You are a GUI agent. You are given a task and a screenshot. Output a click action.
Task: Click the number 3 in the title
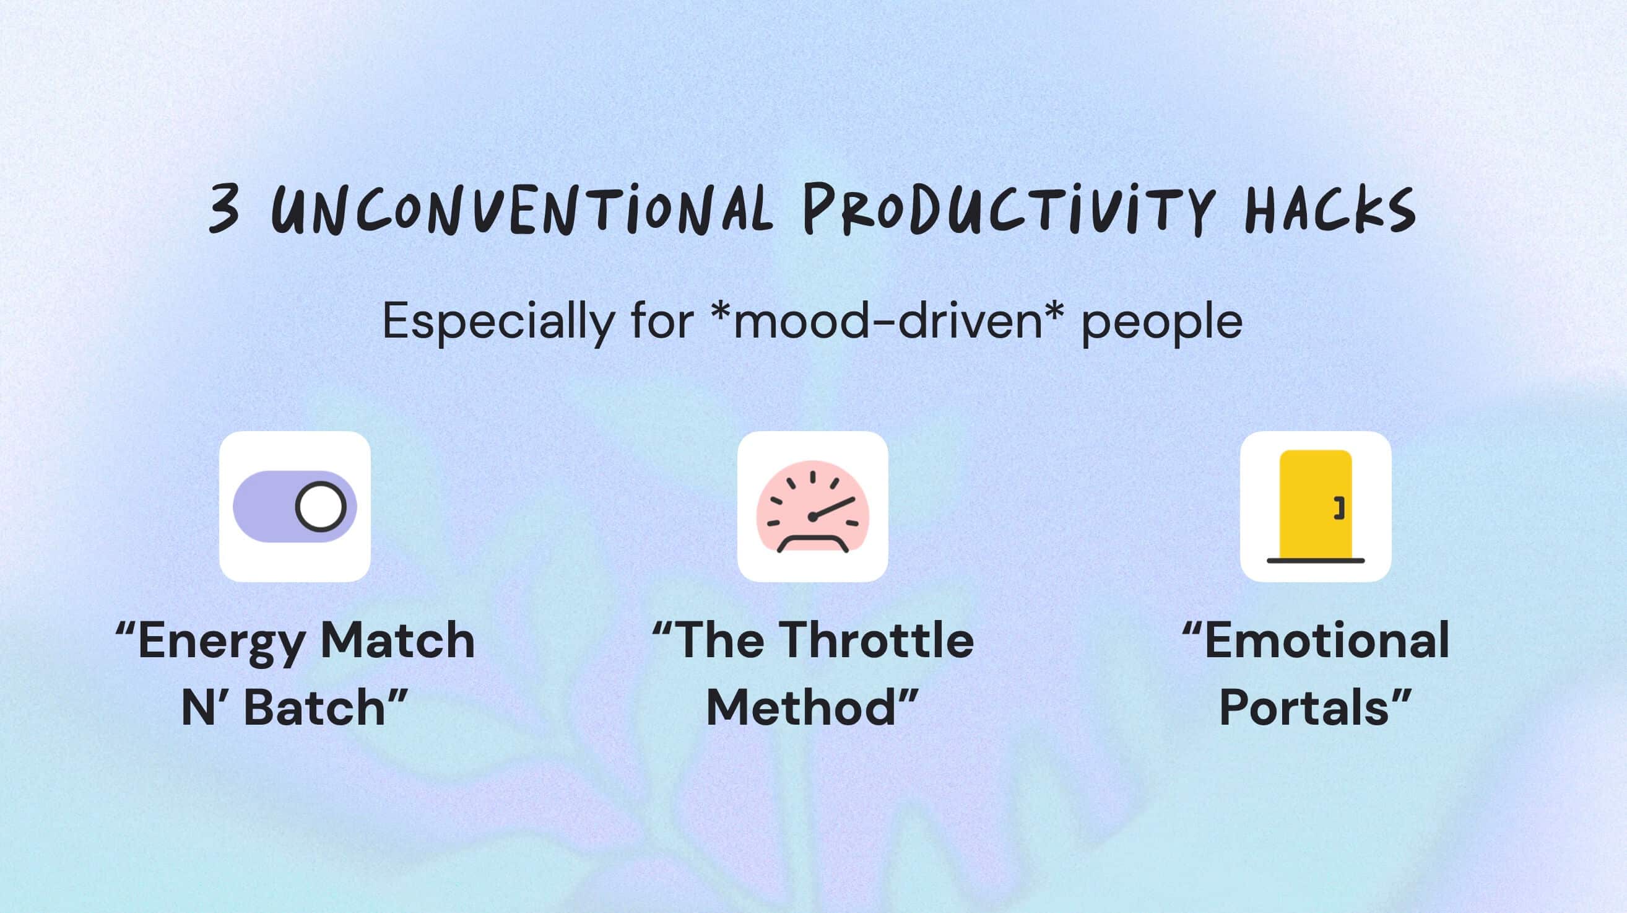click(225, 209)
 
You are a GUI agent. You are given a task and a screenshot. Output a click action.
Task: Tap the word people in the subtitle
click(1162, 323)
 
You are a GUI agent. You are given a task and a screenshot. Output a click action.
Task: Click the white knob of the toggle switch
click(321, 507)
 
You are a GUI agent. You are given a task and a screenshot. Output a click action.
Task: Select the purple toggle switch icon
click(295, 507)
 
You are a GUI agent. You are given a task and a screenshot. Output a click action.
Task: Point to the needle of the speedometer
click(833, 507)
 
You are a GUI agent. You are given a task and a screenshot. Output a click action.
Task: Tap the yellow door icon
click(1316, 505)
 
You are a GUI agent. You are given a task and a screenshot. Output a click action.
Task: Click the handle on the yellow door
click(1339, 508)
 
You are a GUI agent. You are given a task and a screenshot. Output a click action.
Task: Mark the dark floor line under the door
click(1316, 561)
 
